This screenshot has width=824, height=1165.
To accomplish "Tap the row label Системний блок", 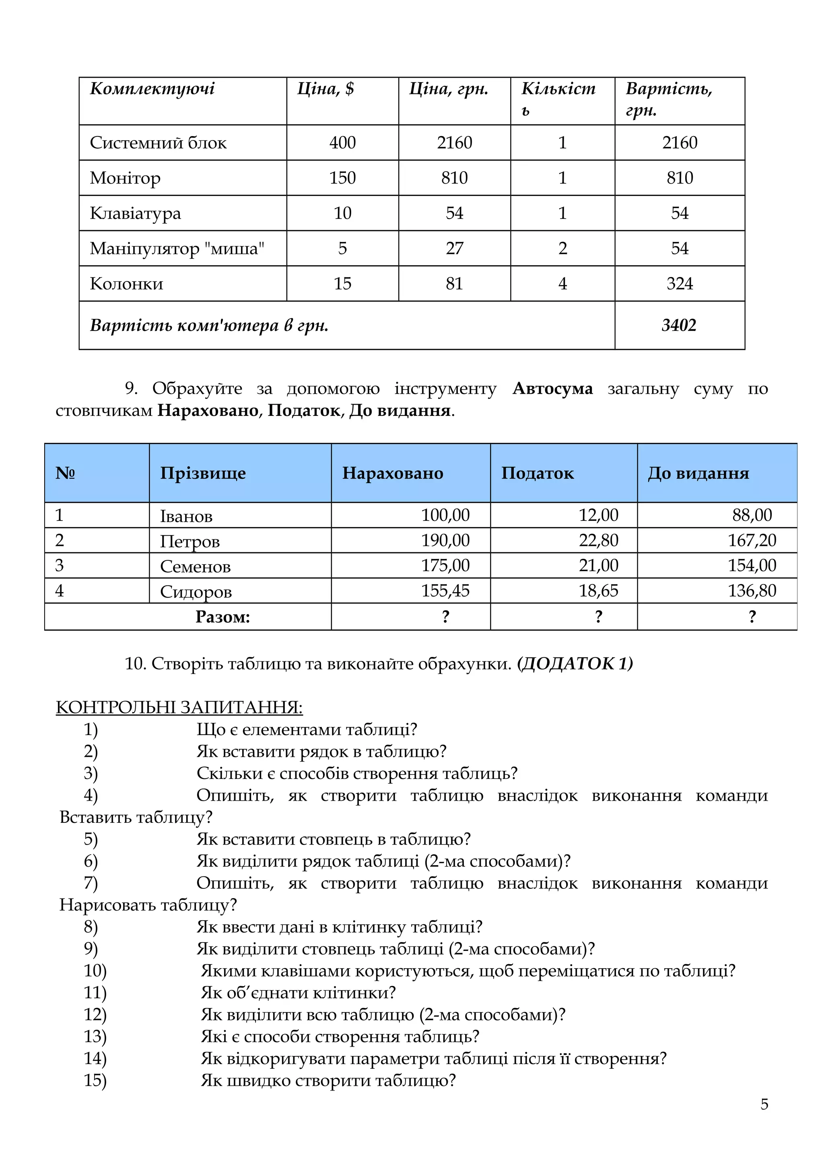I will point(158,143).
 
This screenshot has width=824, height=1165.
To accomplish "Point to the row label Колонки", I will point(126,284).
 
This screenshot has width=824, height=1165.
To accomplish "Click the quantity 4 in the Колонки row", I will point(562,284).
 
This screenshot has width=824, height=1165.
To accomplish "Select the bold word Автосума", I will point(552,389).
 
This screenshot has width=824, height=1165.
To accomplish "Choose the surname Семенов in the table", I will point(196,566).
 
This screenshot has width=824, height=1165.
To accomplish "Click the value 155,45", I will point(445,591).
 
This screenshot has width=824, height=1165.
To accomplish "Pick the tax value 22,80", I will point(598,541).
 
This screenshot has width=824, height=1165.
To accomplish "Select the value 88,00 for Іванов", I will point(752,515).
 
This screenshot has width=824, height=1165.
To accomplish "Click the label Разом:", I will point(223,617).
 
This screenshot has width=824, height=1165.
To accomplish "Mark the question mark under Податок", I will point(598,617).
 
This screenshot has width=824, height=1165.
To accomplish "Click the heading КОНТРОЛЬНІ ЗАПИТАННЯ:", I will point(179,708).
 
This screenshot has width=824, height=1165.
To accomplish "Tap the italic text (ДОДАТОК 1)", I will point(575,664).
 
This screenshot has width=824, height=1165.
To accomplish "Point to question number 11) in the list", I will point(95,992).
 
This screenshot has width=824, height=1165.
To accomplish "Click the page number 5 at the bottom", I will point(764,1104).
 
